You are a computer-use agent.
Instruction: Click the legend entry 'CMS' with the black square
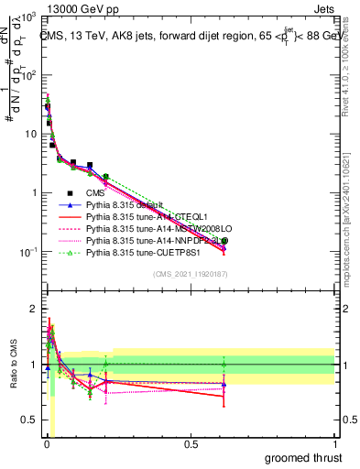click(94, 193)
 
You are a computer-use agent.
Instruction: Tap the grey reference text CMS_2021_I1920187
click(190, 274)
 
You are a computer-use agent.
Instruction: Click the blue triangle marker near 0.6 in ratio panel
click(224, 383)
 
